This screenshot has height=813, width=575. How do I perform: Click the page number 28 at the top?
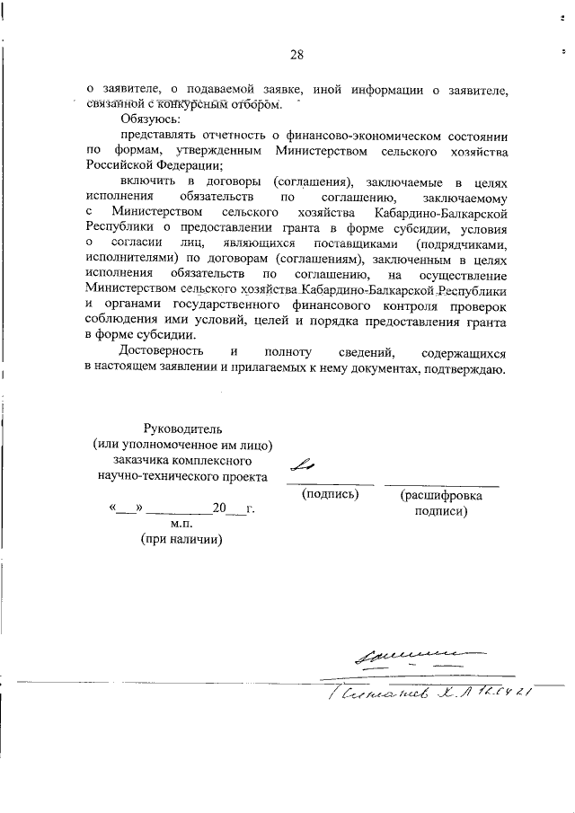(x=296, y=56)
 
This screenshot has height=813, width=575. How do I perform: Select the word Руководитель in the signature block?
(x=182, y=427)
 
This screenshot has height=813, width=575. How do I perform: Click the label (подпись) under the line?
(x=332, y=494)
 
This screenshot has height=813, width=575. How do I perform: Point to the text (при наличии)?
(x=182, y=540)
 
